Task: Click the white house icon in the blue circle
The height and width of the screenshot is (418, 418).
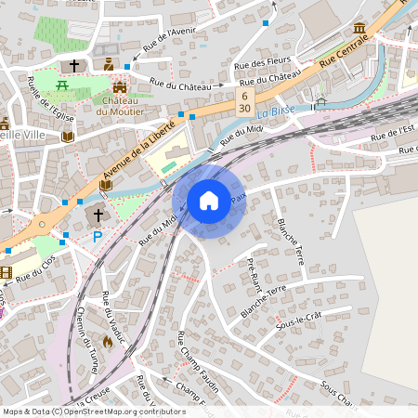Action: pos(209,200)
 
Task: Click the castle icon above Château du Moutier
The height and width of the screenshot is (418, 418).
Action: pos(118,85)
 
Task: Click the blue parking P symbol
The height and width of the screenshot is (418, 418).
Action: pos(98,237)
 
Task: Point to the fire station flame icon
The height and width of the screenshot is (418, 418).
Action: pos(107,342)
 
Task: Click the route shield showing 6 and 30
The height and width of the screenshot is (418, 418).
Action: pos(244,101)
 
